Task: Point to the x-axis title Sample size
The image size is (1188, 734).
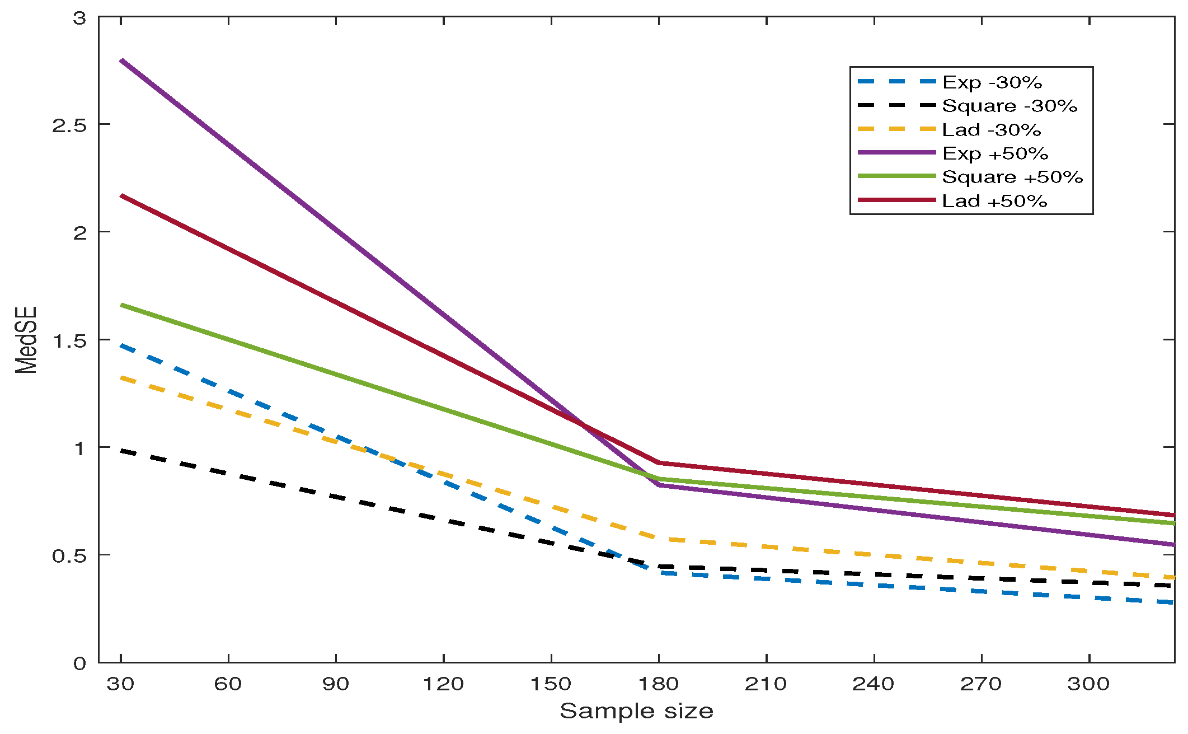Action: [x=636, y=711]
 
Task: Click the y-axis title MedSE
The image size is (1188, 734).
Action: [x=26, y=340]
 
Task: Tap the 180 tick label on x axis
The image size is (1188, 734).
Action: [x=659, y=684]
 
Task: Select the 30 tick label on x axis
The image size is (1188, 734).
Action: [x=120, y=684]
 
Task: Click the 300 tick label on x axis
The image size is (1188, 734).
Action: [x=1088, y=684]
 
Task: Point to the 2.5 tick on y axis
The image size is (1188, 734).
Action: [x=69, y=125]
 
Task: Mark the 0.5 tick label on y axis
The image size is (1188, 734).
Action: [x=69, y=556]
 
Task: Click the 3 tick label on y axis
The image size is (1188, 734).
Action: [x=79, y=18]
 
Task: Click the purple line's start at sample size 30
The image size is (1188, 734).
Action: [x=121, y=60]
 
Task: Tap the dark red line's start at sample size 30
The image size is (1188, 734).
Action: [x=121, y=195]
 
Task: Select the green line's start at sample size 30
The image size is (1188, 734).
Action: [x=121, y=305]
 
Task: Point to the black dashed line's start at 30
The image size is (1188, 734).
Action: [x=121, y=450]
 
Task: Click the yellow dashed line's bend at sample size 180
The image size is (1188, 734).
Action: [x=659, y=539]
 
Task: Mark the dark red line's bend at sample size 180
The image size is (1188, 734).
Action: [x=659, y=463]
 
